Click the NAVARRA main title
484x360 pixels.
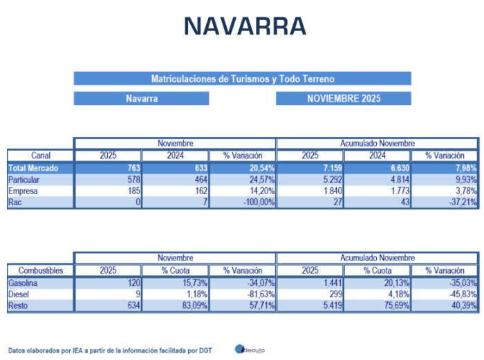(245, 26)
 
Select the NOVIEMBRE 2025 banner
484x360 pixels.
(344, 99)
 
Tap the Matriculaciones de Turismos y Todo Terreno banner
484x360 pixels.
(242, 79)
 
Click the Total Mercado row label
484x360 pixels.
(33, 168)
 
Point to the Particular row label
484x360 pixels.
(24, 180)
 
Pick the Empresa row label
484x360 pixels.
(23, 191)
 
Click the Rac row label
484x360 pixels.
(15, 202)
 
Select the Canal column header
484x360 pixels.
(40, 155)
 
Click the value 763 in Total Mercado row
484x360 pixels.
(131, 168)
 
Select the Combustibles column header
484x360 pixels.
(40, 271)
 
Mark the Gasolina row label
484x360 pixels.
(22, 283)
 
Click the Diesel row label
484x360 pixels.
(19, 294)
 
